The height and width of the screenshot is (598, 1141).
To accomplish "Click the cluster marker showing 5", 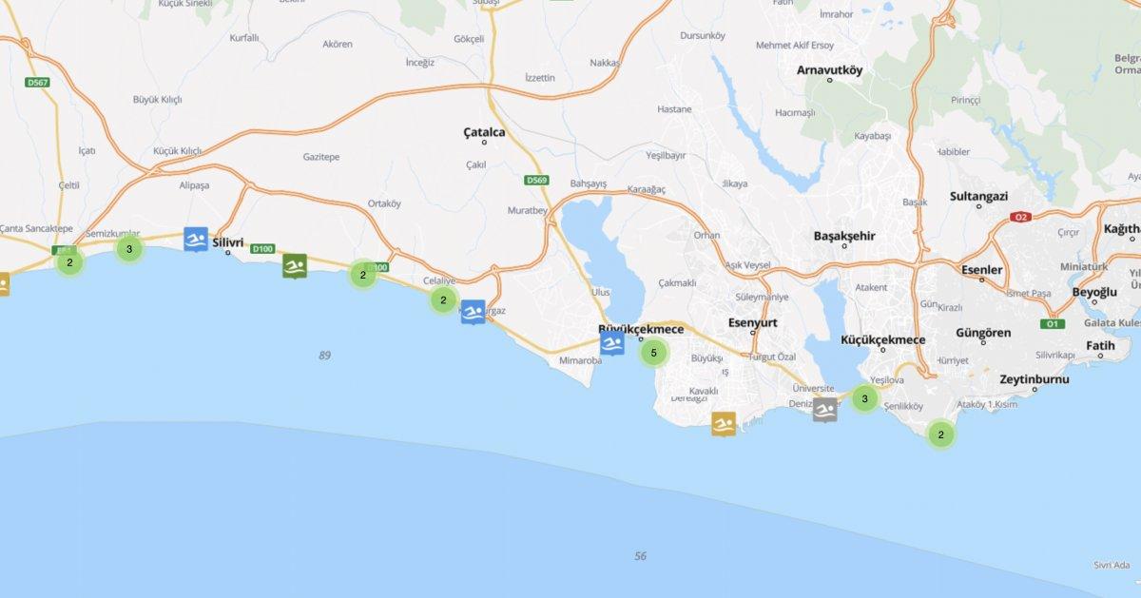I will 653,353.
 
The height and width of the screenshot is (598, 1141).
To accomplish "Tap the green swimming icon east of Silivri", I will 295,266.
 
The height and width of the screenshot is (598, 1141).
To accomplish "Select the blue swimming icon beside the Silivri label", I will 196,240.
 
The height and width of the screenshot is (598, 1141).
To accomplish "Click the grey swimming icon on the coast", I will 825,410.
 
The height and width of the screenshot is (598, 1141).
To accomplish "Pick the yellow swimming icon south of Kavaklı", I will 725,424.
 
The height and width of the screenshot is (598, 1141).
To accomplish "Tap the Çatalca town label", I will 484,132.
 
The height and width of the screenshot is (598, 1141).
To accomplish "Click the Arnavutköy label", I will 829,69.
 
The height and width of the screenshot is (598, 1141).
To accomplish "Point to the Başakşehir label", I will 844,236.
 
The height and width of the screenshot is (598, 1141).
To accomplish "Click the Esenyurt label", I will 752,322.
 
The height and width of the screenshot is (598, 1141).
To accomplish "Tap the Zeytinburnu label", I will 1035,379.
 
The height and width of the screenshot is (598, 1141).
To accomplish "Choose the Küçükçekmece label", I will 883,339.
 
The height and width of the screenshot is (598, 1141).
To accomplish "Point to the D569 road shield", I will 536,180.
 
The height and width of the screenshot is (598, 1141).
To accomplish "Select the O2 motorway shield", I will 1021,217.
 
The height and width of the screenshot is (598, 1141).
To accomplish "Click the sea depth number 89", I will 325,356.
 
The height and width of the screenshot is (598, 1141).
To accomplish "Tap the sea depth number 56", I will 640,556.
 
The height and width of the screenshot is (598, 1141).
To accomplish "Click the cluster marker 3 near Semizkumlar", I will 128,249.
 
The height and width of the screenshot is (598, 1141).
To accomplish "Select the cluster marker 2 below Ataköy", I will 940,435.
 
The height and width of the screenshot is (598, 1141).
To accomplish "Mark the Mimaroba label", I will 581,361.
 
